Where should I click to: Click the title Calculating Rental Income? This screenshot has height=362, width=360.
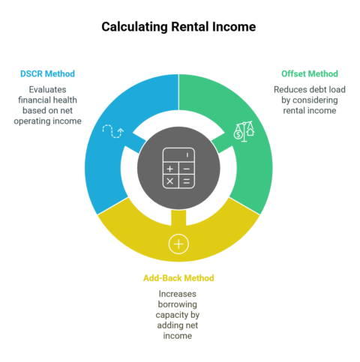click(x=178, y=27)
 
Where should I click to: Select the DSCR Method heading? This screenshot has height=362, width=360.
click(x=47, y=73)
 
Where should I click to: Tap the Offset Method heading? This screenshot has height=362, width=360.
click(x=310, y=73)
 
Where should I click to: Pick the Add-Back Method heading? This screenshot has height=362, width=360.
click(x=178, y=278)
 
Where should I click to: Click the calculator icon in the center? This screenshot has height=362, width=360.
click(x=178, y=168)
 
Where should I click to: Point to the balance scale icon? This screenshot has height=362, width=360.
click(x=244, y=132)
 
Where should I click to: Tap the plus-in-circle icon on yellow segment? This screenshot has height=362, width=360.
click(x=178, y=244)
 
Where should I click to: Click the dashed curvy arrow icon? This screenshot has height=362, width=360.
click(x=113, y=131)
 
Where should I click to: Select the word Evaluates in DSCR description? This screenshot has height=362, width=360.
click(x=47, y=89)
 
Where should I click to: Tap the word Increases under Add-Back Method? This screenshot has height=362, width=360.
click(x=178, y=294)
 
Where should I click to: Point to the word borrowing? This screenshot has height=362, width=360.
click(x=178, y=304)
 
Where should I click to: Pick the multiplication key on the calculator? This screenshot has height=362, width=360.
click(x=170, y=181)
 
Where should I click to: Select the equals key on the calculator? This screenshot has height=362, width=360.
click(x=187, y=181)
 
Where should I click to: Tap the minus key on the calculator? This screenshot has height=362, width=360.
click(x=187, y=169)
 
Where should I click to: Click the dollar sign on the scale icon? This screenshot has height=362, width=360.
click(x=238, y=135)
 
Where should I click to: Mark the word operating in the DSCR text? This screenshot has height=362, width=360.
click(x=30, y=121)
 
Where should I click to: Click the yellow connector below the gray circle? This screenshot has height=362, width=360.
click(x=178, y=218)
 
